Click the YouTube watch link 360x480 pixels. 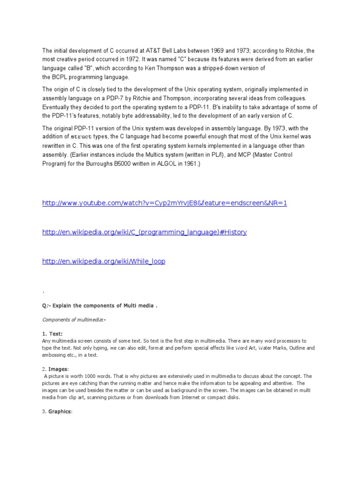[164, 203]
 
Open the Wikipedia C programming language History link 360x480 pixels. [144, 232]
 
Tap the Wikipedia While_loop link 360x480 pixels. [104, 261]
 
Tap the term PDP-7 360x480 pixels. [119, 98]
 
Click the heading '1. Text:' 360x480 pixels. [52, 334]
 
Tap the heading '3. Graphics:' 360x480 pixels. [58, 412]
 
